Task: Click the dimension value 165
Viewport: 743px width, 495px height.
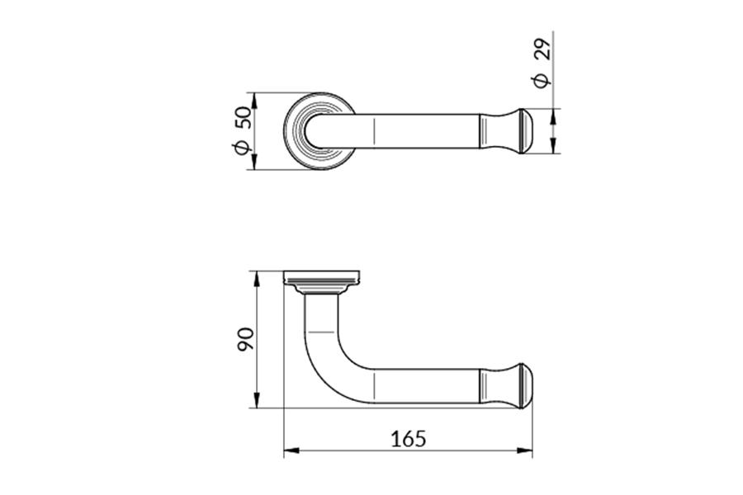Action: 408,439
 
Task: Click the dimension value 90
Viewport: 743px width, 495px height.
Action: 245,339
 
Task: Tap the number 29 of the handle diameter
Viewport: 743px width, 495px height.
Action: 542,48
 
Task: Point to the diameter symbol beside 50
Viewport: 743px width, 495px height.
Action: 242,148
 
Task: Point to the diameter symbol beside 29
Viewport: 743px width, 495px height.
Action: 542,81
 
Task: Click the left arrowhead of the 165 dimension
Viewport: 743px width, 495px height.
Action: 291,450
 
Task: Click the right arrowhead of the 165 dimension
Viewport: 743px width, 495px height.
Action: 524,450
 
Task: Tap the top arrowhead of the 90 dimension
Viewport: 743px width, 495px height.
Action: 256,279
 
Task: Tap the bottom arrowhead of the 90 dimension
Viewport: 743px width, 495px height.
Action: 256,400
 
